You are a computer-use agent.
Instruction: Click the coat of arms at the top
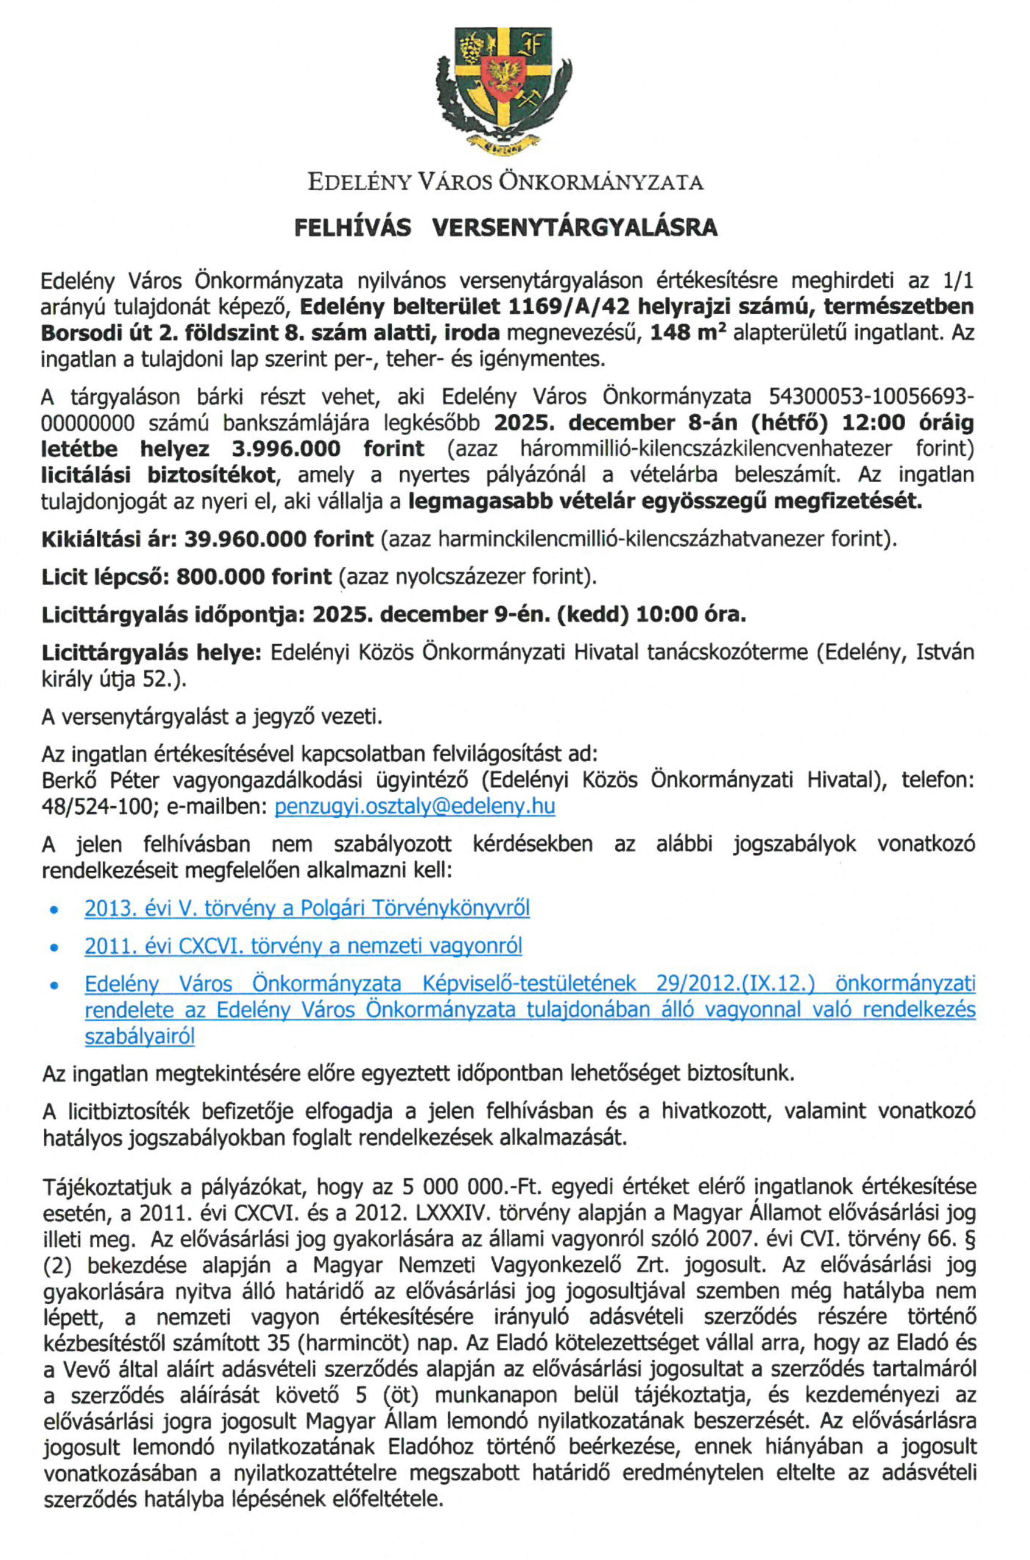pyautogui.click(x=503, y=90)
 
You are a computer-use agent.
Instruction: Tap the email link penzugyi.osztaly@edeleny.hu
pyautogui.click(x=414, y=806)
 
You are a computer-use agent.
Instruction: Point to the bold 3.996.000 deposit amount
pyautogui.click(x=286, y=450)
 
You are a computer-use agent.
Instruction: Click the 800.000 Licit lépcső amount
pyautogui.click(x=221, y=577)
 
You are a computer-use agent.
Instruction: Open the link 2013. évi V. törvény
pyautogui.click(x=307, y=908)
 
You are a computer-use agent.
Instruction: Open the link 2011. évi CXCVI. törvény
pyautogui.click(x=303, y=946)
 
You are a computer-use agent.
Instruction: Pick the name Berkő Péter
pyautogui.click(x=101, y=781)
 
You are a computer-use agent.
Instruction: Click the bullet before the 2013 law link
pyautogui.click(x=55, y=910)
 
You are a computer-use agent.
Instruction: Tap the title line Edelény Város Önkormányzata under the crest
pyautogui.click(x=505, y=182)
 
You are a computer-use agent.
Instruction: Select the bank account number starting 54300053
pyautogui.click(x=870, y=397)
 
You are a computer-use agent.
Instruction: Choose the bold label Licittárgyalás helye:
pyautogui.click(x=152, y=653)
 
